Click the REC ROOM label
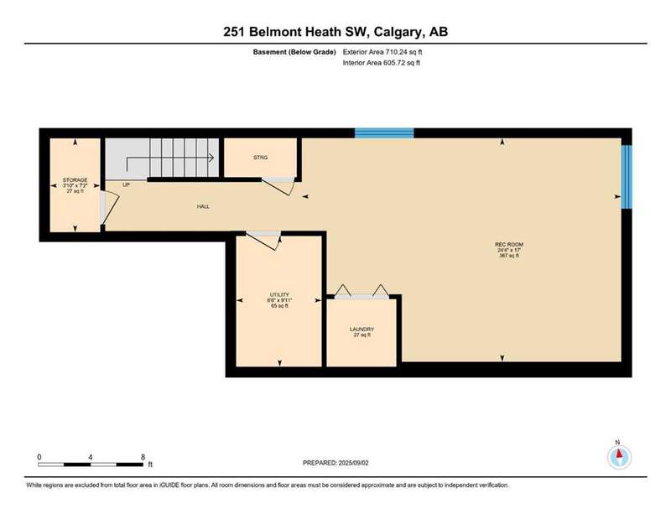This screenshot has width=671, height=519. point(509,244)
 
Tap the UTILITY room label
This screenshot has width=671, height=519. point(279,295)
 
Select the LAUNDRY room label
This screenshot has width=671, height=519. point(362,329)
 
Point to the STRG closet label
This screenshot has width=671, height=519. point(260,158)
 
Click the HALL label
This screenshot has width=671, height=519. point(203,206)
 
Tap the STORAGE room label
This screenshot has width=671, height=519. point(75,180)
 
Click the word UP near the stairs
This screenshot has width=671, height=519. point(127,184)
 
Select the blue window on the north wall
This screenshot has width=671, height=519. point(384,133)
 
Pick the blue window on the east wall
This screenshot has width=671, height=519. point(627,177)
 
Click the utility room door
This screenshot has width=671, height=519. point(264,241)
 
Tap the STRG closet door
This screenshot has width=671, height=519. point(278,186)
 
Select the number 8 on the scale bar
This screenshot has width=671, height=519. point(143,457)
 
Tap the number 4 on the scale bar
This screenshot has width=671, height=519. point(91,457)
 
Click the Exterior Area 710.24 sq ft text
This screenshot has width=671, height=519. point(382,52)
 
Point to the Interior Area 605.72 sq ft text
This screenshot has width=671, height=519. point(382,63)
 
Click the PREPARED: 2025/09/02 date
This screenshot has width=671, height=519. point(335,463)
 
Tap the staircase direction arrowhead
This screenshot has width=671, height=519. point(211,158)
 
